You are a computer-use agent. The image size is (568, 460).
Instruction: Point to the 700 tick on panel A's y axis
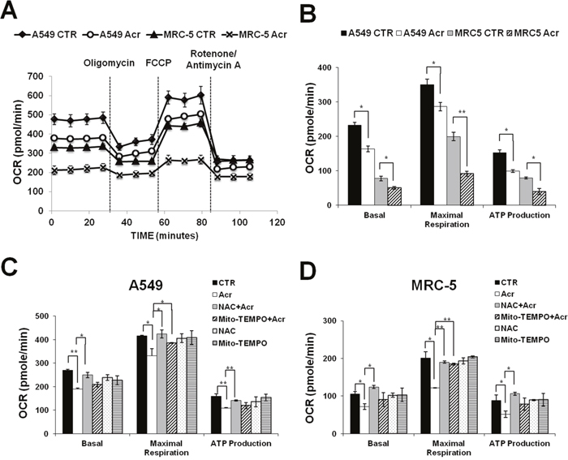click(x=35, y=77)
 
